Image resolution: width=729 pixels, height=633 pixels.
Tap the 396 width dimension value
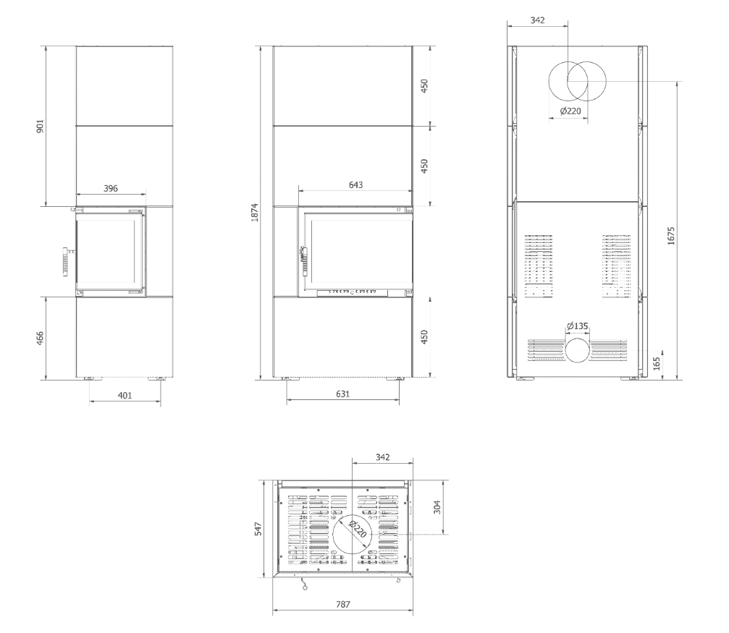(110, 188)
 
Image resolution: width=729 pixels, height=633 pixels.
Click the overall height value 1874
(255, 211)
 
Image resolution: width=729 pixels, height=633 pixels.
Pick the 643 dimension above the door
(355, 185)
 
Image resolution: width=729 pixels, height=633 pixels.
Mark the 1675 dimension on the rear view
(670, 236)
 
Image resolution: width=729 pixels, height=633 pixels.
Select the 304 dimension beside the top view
(436, 507)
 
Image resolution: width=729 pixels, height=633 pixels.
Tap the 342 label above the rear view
(536, 20)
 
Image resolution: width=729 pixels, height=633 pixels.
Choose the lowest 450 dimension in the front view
(426, 338)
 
